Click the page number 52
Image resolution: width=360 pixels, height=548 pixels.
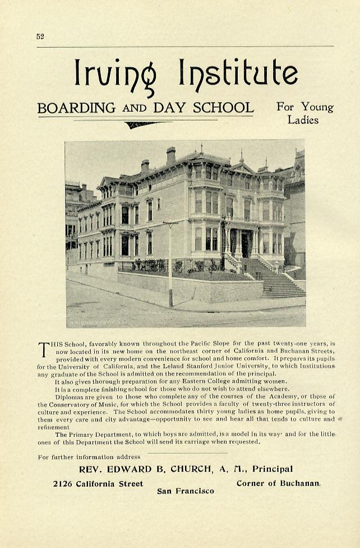point(40,36)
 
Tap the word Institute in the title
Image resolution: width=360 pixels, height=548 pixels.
point(238,72)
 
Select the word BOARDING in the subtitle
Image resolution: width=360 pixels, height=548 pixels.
point(76,108)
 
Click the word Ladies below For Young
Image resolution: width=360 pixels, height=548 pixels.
point(303,119)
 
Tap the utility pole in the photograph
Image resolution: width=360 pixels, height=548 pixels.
point(170,264)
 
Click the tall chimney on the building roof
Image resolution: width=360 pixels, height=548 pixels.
point(170,155)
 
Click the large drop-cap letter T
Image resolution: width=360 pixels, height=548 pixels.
point(44,348)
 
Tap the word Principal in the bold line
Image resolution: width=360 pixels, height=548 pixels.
point(273,469)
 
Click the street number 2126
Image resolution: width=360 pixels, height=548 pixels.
point(63,483)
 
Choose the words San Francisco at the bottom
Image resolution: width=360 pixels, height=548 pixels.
point(186,491)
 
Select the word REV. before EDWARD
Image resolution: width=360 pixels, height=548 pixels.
point(90,469)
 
